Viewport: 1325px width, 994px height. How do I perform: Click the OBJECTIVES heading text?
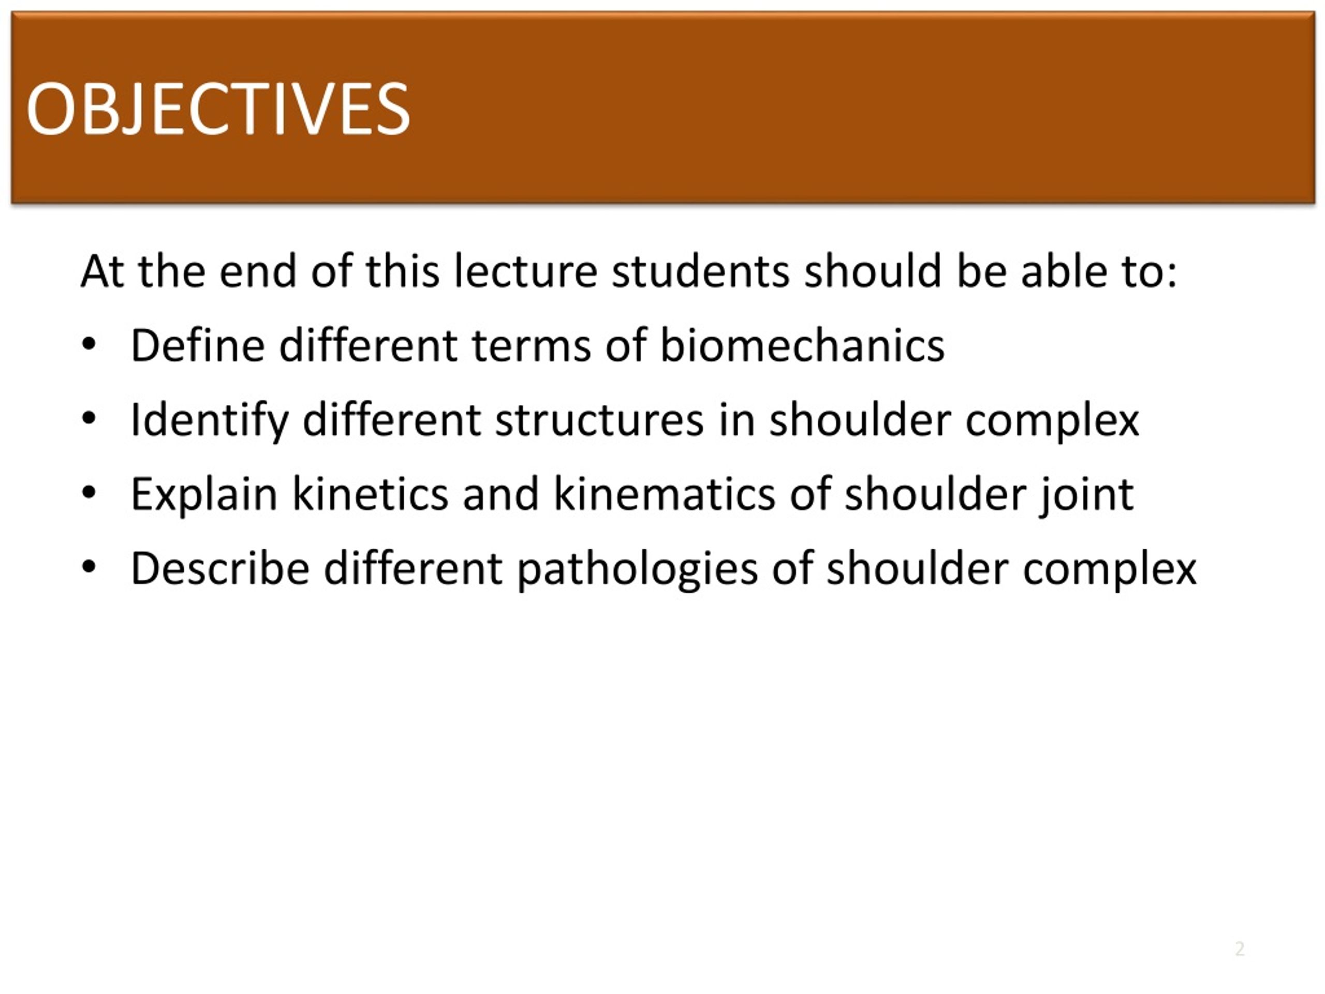(x=217, y=109)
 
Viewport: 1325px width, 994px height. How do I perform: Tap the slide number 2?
(x=1240, y=948)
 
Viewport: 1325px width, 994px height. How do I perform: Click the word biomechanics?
(x=801, y=346)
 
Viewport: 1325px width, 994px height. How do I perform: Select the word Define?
(x=197, y=346)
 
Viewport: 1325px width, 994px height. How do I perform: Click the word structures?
(x=599, y=420)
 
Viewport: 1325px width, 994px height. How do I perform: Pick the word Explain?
(x=203, y=495)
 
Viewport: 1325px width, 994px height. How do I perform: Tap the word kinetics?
(x=370, y=494)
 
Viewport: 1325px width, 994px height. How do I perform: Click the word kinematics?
(x=663, y=494)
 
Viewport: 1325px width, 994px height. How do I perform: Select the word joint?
(x=1086, y=495)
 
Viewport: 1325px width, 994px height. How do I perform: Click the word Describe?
(x=220, y=568)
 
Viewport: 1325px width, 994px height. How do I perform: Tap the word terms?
(x=532, y=346)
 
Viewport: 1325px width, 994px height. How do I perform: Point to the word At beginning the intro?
(x=102, y=271)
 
